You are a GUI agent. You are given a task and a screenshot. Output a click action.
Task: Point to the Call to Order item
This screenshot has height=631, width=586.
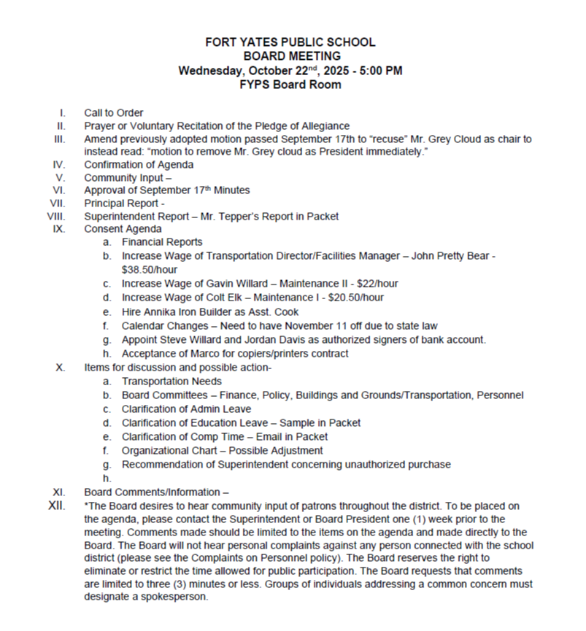(113, 113)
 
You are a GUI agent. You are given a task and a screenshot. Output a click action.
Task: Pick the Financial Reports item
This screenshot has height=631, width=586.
(162, 242)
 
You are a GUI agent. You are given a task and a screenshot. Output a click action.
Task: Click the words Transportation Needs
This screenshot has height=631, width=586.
(171, 382)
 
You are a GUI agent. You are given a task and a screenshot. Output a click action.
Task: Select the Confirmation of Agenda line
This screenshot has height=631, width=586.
(139, 165)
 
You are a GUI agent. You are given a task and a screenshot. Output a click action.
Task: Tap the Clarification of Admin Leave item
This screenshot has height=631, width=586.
(186, 409)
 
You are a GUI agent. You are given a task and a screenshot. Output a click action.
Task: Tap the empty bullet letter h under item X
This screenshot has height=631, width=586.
(107, 479)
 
